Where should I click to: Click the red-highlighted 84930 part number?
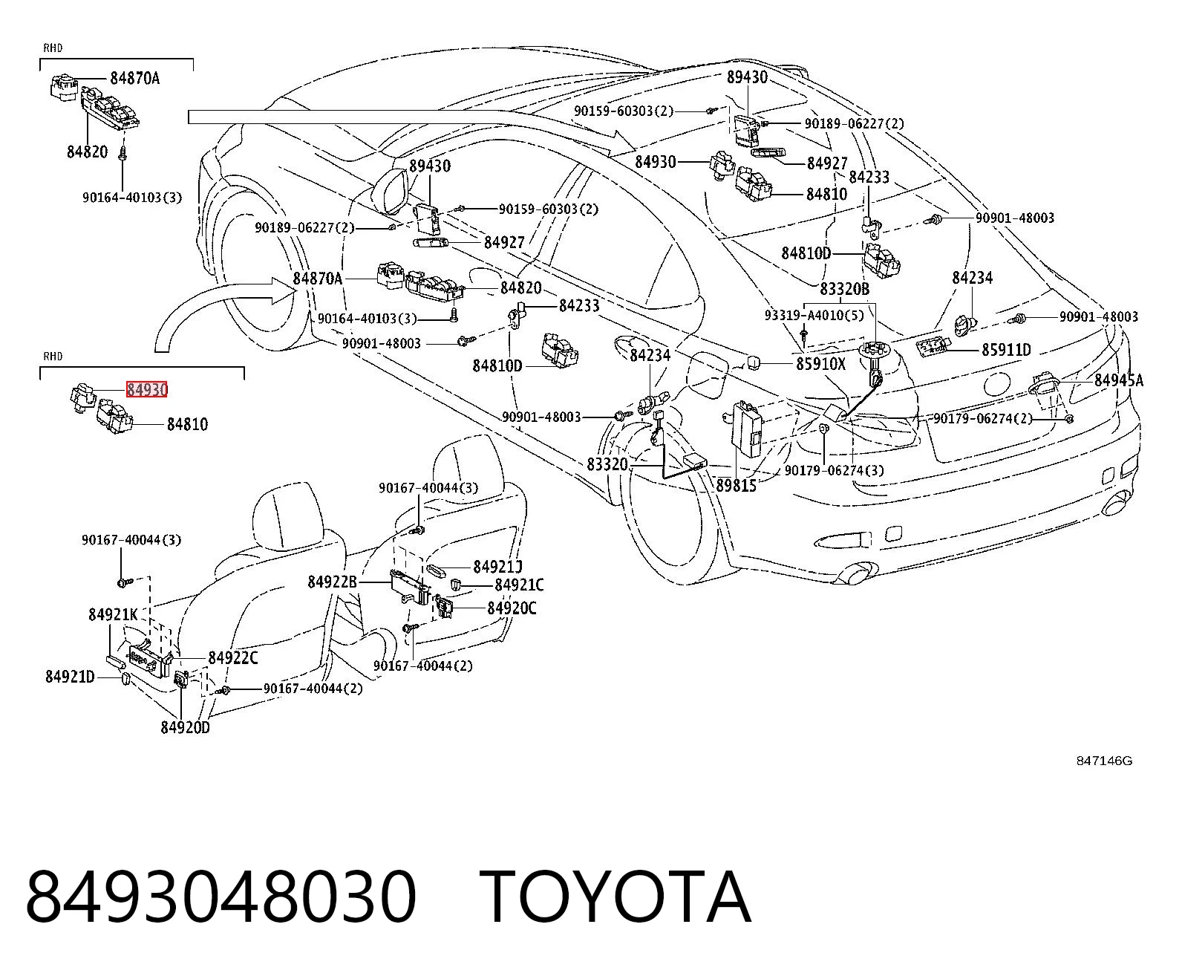click(x=146, y=389)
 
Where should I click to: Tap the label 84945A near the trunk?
click(x=1119, y=380)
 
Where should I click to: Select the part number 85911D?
click(x=1006, y=350)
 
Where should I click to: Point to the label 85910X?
click(x=821, y=364)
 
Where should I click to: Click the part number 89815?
click(x=736, y=486)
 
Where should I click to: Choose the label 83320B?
click(x=845, y=289)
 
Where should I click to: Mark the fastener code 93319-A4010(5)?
click(x=814, y=315)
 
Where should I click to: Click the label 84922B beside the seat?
click(x=333, y=582)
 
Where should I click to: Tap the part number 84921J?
click(x=497, y=567)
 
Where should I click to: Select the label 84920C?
click(x=512, y=608)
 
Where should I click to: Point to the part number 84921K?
click(x=113, y=615)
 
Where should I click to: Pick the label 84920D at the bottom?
click(x=185, y=727)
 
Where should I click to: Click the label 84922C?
click(x=232, y=658)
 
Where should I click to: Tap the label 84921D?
click(x=70, y=677)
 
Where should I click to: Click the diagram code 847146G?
click(x=1104, y=761)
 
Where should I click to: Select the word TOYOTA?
click(x=616, y=898)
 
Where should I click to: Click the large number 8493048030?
click(x=221, y=898)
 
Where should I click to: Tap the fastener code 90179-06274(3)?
click(x=834, y=470)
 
